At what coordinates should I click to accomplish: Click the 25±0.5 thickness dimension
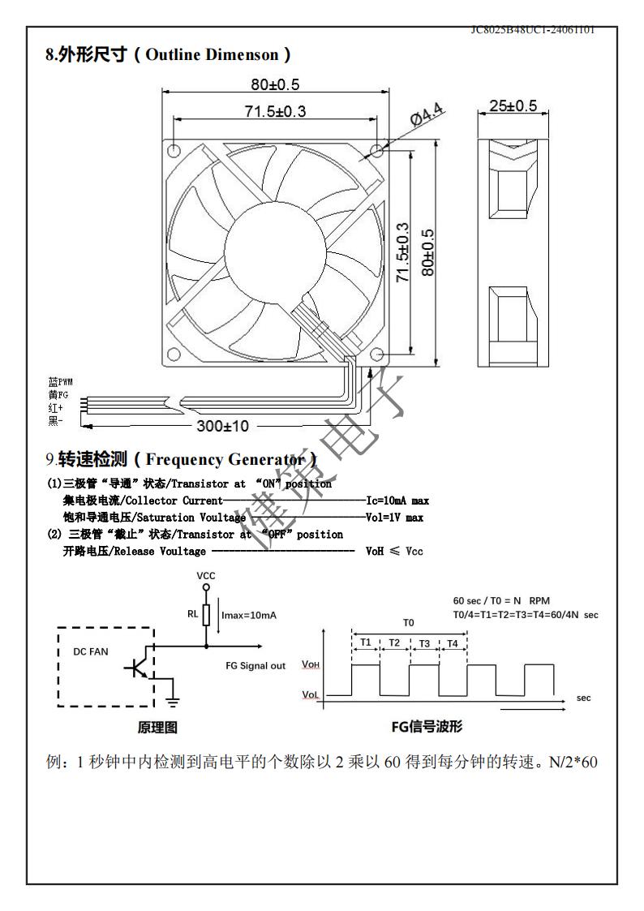[x=513, y=106]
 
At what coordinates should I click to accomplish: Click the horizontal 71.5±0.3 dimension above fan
[x=275, y=111]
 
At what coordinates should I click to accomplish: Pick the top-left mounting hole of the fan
[x=173, y=149]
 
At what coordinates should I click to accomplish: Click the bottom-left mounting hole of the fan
[x=173, y=355]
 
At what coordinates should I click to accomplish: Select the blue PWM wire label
[x=60, y=381]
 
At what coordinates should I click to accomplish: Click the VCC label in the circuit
[x=206, y=575]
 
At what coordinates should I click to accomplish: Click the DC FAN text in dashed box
[x=90, y=651]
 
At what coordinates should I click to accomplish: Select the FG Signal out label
[x=255, y=666]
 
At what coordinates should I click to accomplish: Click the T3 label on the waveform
[x=423, y=642]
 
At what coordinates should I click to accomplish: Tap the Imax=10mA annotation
[x=249, y=616]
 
